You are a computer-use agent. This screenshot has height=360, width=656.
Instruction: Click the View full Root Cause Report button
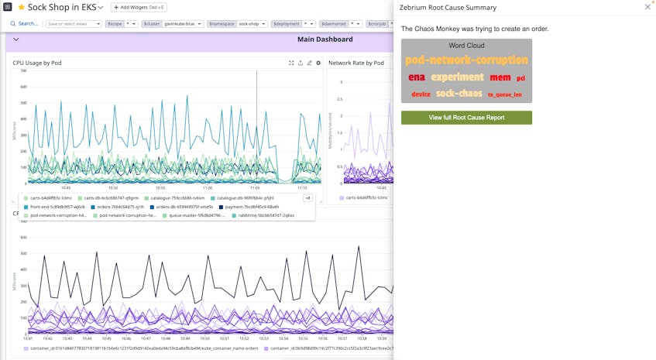[x=466, y=118]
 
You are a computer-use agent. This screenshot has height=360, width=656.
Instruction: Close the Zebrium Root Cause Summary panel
[x=647, y=7]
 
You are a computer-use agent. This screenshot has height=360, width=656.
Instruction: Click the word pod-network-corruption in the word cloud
[x=466, y=60]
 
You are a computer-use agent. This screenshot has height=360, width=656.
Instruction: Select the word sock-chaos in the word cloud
[x=459, y=94]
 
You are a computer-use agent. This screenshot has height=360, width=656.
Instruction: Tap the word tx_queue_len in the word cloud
[x=504, y=94]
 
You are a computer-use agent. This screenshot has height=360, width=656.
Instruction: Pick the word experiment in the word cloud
[x=457, y=77]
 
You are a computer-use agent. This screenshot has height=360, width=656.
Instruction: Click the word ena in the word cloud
[x=417, y=77]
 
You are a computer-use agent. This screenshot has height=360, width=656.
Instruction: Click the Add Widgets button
[x=140, y=8]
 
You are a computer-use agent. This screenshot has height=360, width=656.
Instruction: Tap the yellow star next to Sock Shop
[x=21, y=8]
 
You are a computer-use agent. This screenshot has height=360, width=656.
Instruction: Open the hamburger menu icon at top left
[x=7, y=7]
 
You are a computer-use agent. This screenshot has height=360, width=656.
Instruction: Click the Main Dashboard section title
[x=325, y=39]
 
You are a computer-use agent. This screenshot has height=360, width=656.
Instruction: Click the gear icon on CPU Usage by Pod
[x=318, y=63]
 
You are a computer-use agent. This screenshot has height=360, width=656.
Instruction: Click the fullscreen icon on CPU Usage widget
[x=291, y=63]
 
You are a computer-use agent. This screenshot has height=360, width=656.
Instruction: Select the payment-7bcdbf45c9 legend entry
[x=250, y=207]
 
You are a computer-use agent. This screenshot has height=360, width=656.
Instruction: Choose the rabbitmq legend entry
[x=267, y=215]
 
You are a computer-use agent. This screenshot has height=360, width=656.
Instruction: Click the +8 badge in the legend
[x=307, y=198]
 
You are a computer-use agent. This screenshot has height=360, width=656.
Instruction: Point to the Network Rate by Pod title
[x=355, y=63]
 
